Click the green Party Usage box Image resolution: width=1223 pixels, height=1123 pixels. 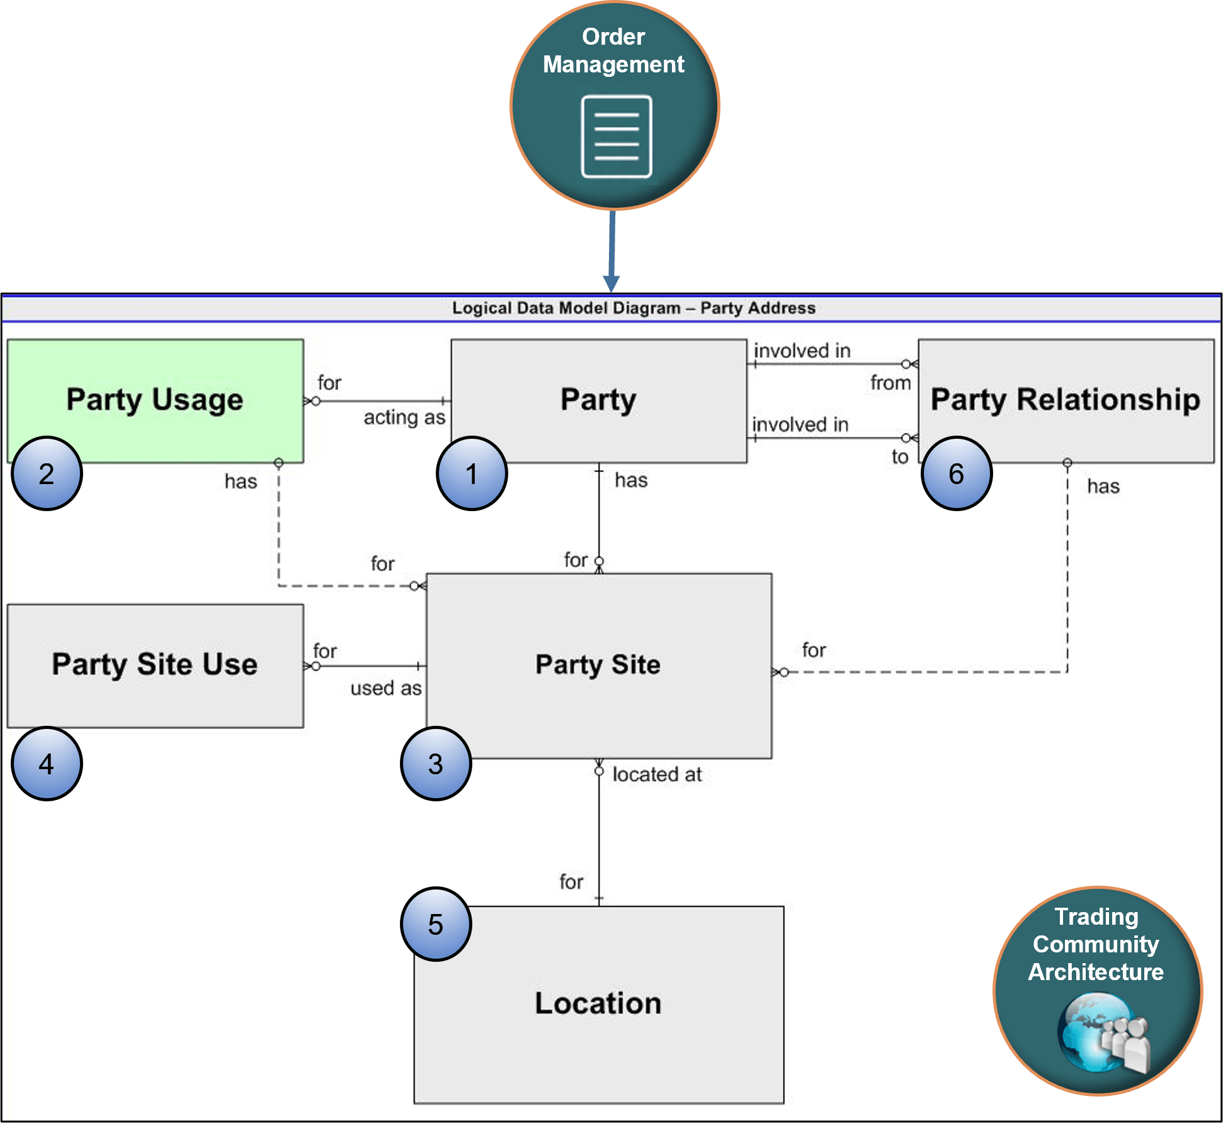coord(155,400)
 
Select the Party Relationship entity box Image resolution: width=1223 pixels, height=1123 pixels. coord(1066,400)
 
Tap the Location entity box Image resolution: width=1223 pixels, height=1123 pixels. coord(598,1003)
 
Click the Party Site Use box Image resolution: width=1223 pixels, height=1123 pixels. coord(155,665)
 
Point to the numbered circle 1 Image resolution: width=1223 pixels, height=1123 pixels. coord(471,473)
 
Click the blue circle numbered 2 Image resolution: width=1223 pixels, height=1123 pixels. coord(47,473)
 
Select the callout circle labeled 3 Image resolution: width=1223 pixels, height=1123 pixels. coord(435,764)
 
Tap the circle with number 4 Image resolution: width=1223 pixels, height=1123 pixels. coord(47,764)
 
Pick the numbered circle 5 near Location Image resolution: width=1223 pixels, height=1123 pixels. coord(435,924)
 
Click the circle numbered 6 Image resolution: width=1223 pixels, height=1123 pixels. coord(956,473)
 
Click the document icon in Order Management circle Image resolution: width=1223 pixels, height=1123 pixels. coord(616,137)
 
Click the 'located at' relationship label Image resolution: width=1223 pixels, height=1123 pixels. coord(657,774)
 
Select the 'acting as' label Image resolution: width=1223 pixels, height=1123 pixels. coord(404,417)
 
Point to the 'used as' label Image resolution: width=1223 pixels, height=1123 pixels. coord(385,688)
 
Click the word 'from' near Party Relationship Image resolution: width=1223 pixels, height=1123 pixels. coord(890,383)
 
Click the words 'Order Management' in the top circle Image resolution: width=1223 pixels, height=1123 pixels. coord(613,50)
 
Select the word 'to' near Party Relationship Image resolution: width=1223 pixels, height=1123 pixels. coord(900,457)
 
